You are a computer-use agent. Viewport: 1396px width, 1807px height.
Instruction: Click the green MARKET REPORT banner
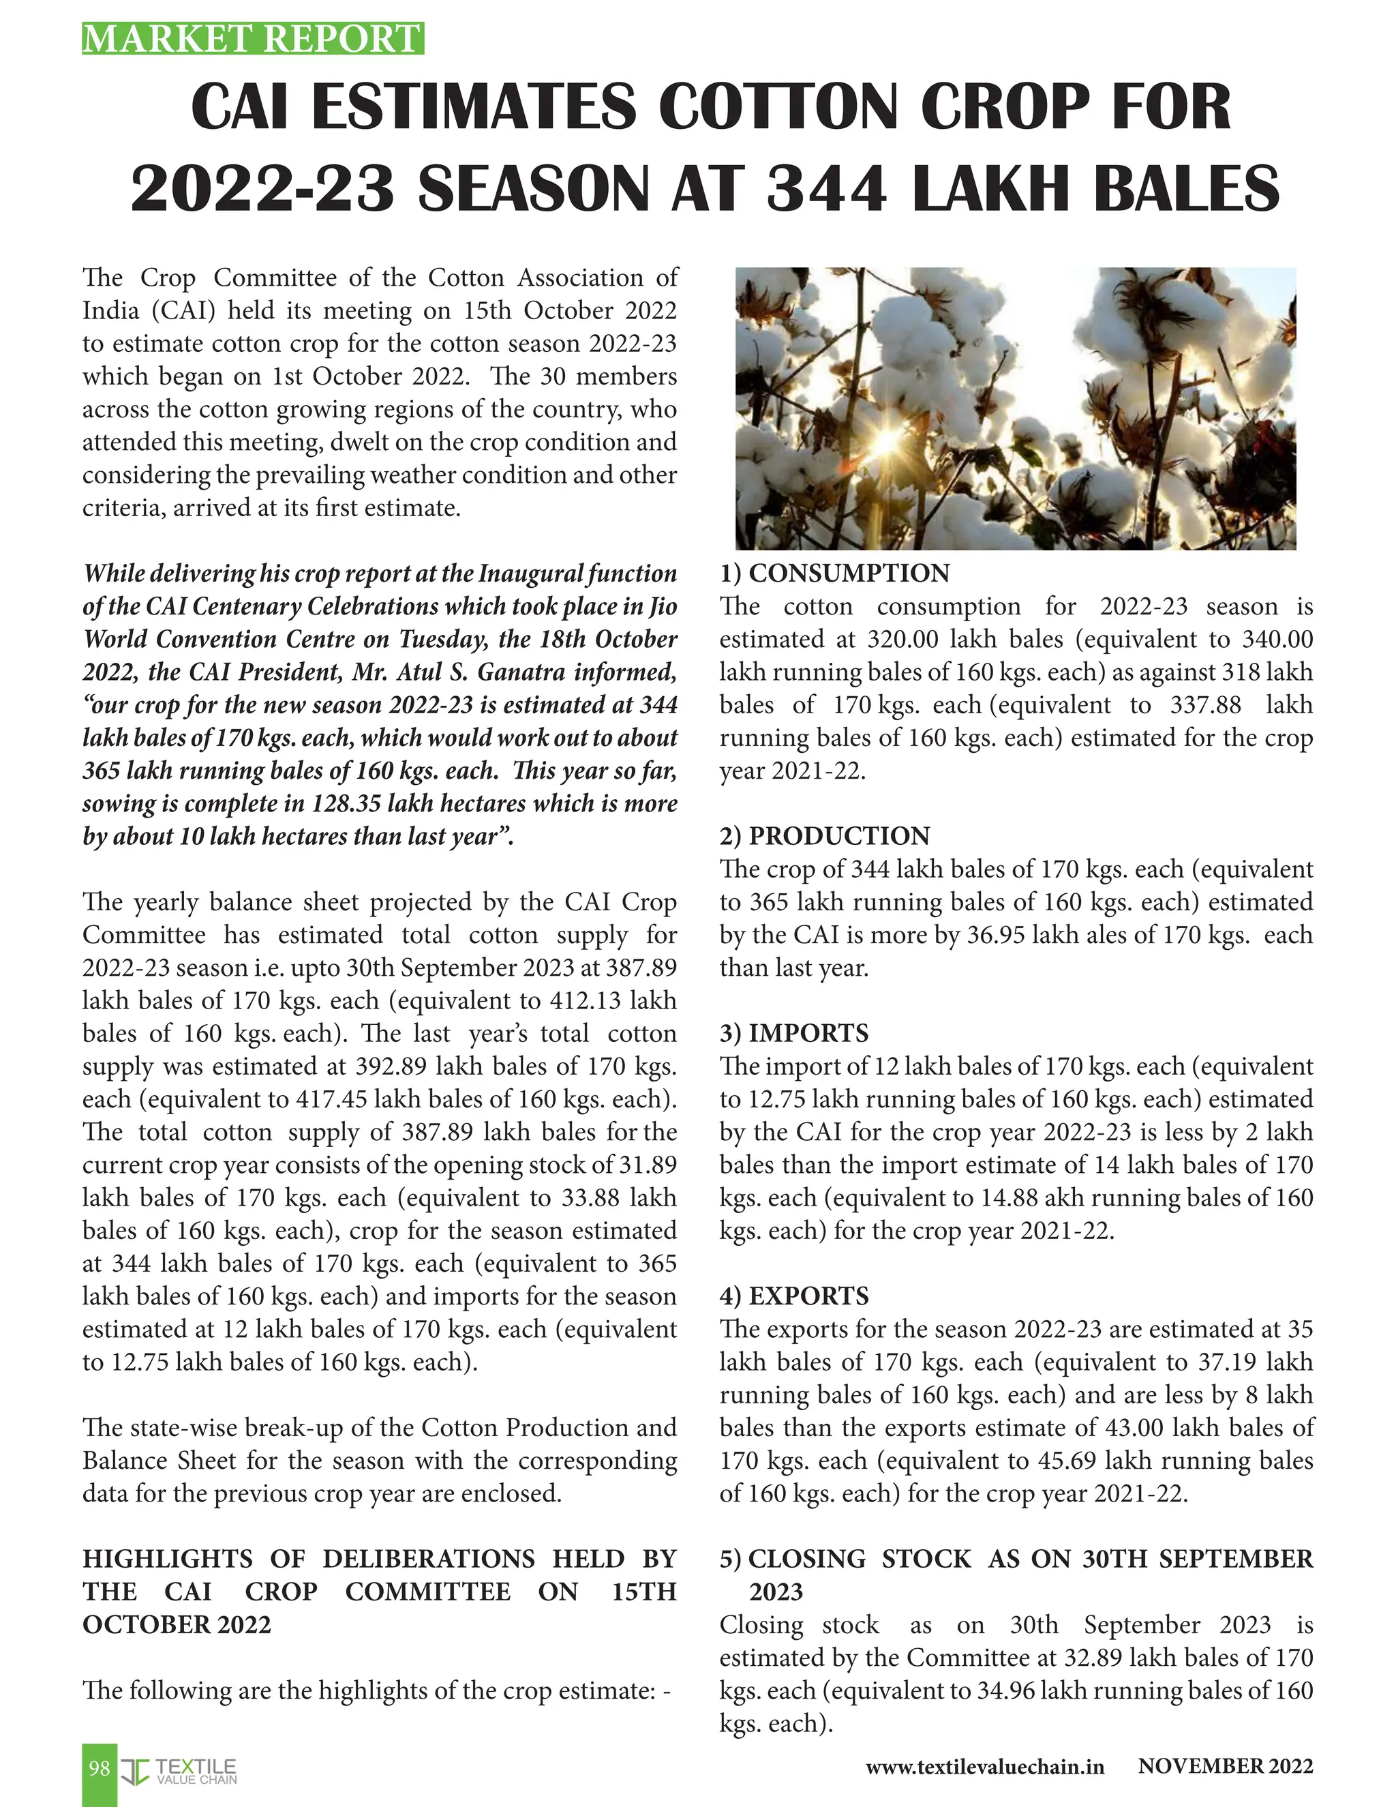point(252,39)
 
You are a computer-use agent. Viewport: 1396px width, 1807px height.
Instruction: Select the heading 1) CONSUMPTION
point(834,573)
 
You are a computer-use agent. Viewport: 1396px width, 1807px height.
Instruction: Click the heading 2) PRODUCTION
point(825,836)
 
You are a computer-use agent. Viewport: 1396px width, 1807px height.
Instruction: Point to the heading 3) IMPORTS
point(794,1032)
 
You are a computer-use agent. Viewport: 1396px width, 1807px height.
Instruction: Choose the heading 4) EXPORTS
point(794,1296)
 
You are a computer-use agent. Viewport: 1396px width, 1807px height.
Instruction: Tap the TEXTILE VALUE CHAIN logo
point(180,1771)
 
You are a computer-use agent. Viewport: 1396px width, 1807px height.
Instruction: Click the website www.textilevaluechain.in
point(985,1768)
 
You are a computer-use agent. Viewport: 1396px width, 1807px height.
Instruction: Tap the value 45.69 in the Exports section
point(1124,1461)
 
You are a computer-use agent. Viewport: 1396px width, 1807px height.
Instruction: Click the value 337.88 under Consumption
point(1205,705)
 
